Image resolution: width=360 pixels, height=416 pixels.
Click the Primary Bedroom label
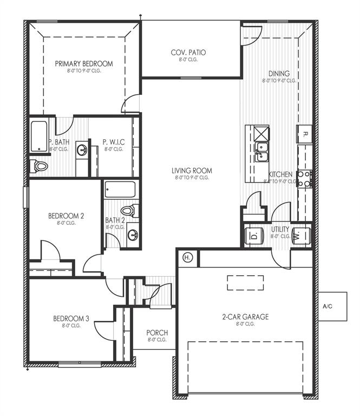coord(84,64)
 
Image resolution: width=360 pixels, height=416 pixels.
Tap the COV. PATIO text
coord(188,53)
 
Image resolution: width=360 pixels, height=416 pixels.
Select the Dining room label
coord(279,74)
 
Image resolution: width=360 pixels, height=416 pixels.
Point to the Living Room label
coord(193,171)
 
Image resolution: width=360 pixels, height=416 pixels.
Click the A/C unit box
coord(328,307)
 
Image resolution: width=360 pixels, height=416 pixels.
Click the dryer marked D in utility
coord(253,236)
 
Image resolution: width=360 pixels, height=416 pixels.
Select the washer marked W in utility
coord(299,236)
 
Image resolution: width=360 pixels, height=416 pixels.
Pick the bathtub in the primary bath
coord(40,136)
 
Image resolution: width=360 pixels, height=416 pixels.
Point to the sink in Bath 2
coord(132,235)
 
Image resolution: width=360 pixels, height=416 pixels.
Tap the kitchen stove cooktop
coord(304,179)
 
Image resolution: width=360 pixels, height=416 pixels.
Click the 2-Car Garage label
coord(245,317)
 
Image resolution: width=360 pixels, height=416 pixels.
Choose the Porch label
coord(157,333)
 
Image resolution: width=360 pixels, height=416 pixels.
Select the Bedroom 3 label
coord(71,319)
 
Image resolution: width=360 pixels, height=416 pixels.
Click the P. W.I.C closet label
coord(114,142)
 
